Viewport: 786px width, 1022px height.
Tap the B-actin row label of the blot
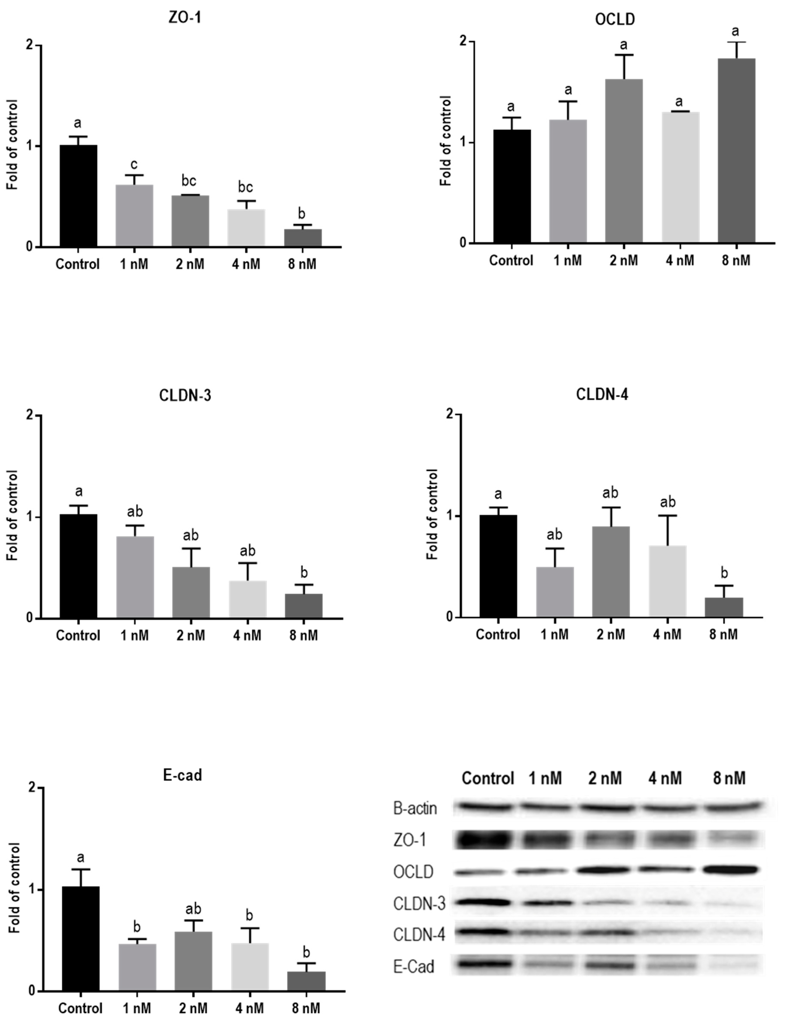click(415, 808)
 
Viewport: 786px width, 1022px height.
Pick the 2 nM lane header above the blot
click(605, 778)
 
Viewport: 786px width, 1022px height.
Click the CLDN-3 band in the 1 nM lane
click(545, 903)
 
